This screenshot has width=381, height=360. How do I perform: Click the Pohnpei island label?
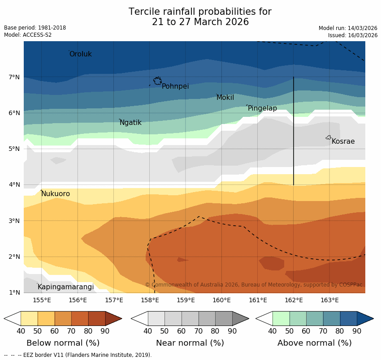click(175, 86)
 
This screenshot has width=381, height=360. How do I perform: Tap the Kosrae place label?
click(343, 141)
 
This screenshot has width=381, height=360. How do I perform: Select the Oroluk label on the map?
click(80, 54)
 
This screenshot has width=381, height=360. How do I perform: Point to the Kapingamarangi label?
click(65, 287)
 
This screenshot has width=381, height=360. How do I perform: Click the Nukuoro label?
click(56, 194)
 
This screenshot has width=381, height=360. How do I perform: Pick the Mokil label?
click(225, 98)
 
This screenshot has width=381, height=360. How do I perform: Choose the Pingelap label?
click(262, 108)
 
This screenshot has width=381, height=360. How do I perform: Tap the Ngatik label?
click(130, 123)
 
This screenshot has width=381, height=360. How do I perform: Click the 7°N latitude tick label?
click(14, 77)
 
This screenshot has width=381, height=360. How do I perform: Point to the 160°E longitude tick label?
click(221, 300)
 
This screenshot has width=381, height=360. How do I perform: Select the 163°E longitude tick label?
click(329, 300)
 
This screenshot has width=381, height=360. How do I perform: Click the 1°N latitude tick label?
click(14, 293)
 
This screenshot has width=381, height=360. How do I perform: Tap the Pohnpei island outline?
click(157, 81)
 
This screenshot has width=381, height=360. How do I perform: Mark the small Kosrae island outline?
click(328, 137)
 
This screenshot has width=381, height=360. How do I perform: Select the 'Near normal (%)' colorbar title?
click(190, 343)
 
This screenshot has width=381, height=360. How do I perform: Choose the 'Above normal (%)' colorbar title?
click(314, 343)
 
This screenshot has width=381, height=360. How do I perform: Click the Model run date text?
click(348, 28)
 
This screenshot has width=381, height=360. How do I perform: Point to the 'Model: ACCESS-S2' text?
click(28, 35)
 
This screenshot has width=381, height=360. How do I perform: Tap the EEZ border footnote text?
click(78, 355)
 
